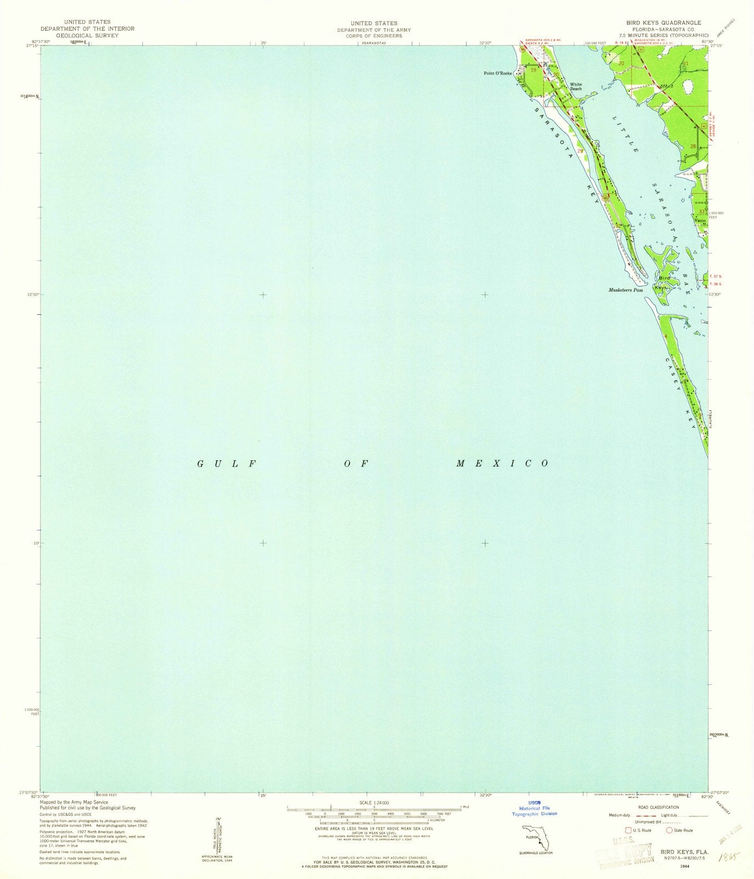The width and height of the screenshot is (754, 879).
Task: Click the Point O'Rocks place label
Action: pos(497,73)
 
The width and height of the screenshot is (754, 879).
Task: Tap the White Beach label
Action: pos(576,86)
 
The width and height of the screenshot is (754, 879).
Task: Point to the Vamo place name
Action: pos(699,220)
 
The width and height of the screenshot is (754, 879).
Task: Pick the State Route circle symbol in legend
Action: pos(669,830)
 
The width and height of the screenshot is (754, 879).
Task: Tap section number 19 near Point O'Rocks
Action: pos(533,70)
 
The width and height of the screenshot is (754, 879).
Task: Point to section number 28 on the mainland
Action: pos(693,146)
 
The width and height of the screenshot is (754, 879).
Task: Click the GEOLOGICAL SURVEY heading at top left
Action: pos(87,35)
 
